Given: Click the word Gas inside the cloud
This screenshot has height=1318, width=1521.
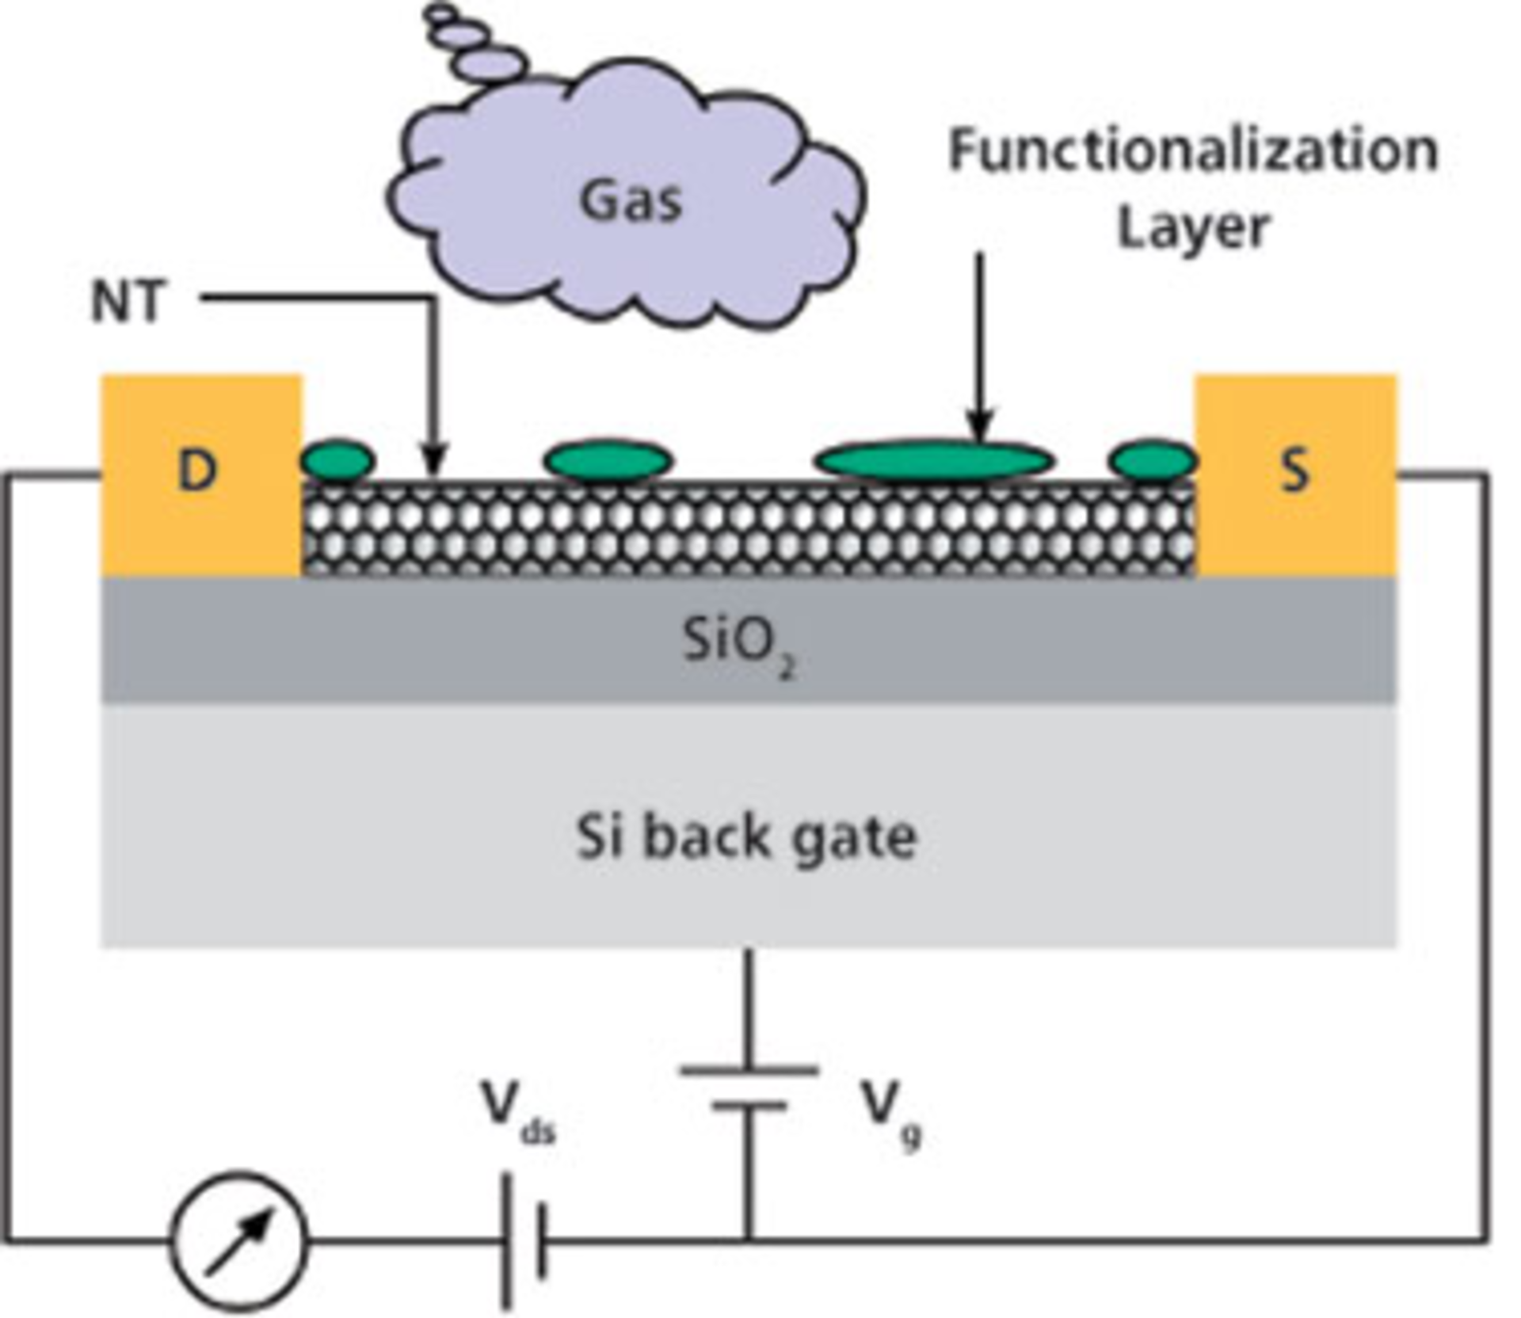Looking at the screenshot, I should [x=631, y=200].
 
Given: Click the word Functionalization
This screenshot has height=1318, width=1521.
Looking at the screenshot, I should [x=1193, y=150].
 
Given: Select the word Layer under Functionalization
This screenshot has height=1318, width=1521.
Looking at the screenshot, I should [x=1193, y=228].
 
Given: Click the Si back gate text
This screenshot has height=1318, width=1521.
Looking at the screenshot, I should [x=746, y=838].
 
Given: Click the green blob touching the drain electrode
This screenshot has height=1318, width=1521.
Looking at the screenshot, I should [x=337, y=460].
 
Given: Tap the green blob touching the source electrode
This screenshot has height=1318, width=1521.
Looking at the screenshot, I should [x=1153, y=460].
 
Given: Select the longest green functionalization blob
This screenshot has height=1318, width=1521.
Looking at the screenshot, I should [x=935, y=460].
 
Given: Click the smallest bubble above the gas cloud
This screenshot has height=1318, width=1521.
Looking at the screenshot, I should [x=440, y=13].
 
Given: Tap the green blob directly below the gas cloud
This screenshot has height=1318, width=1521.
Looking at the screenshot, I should [x=608, y=460].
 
